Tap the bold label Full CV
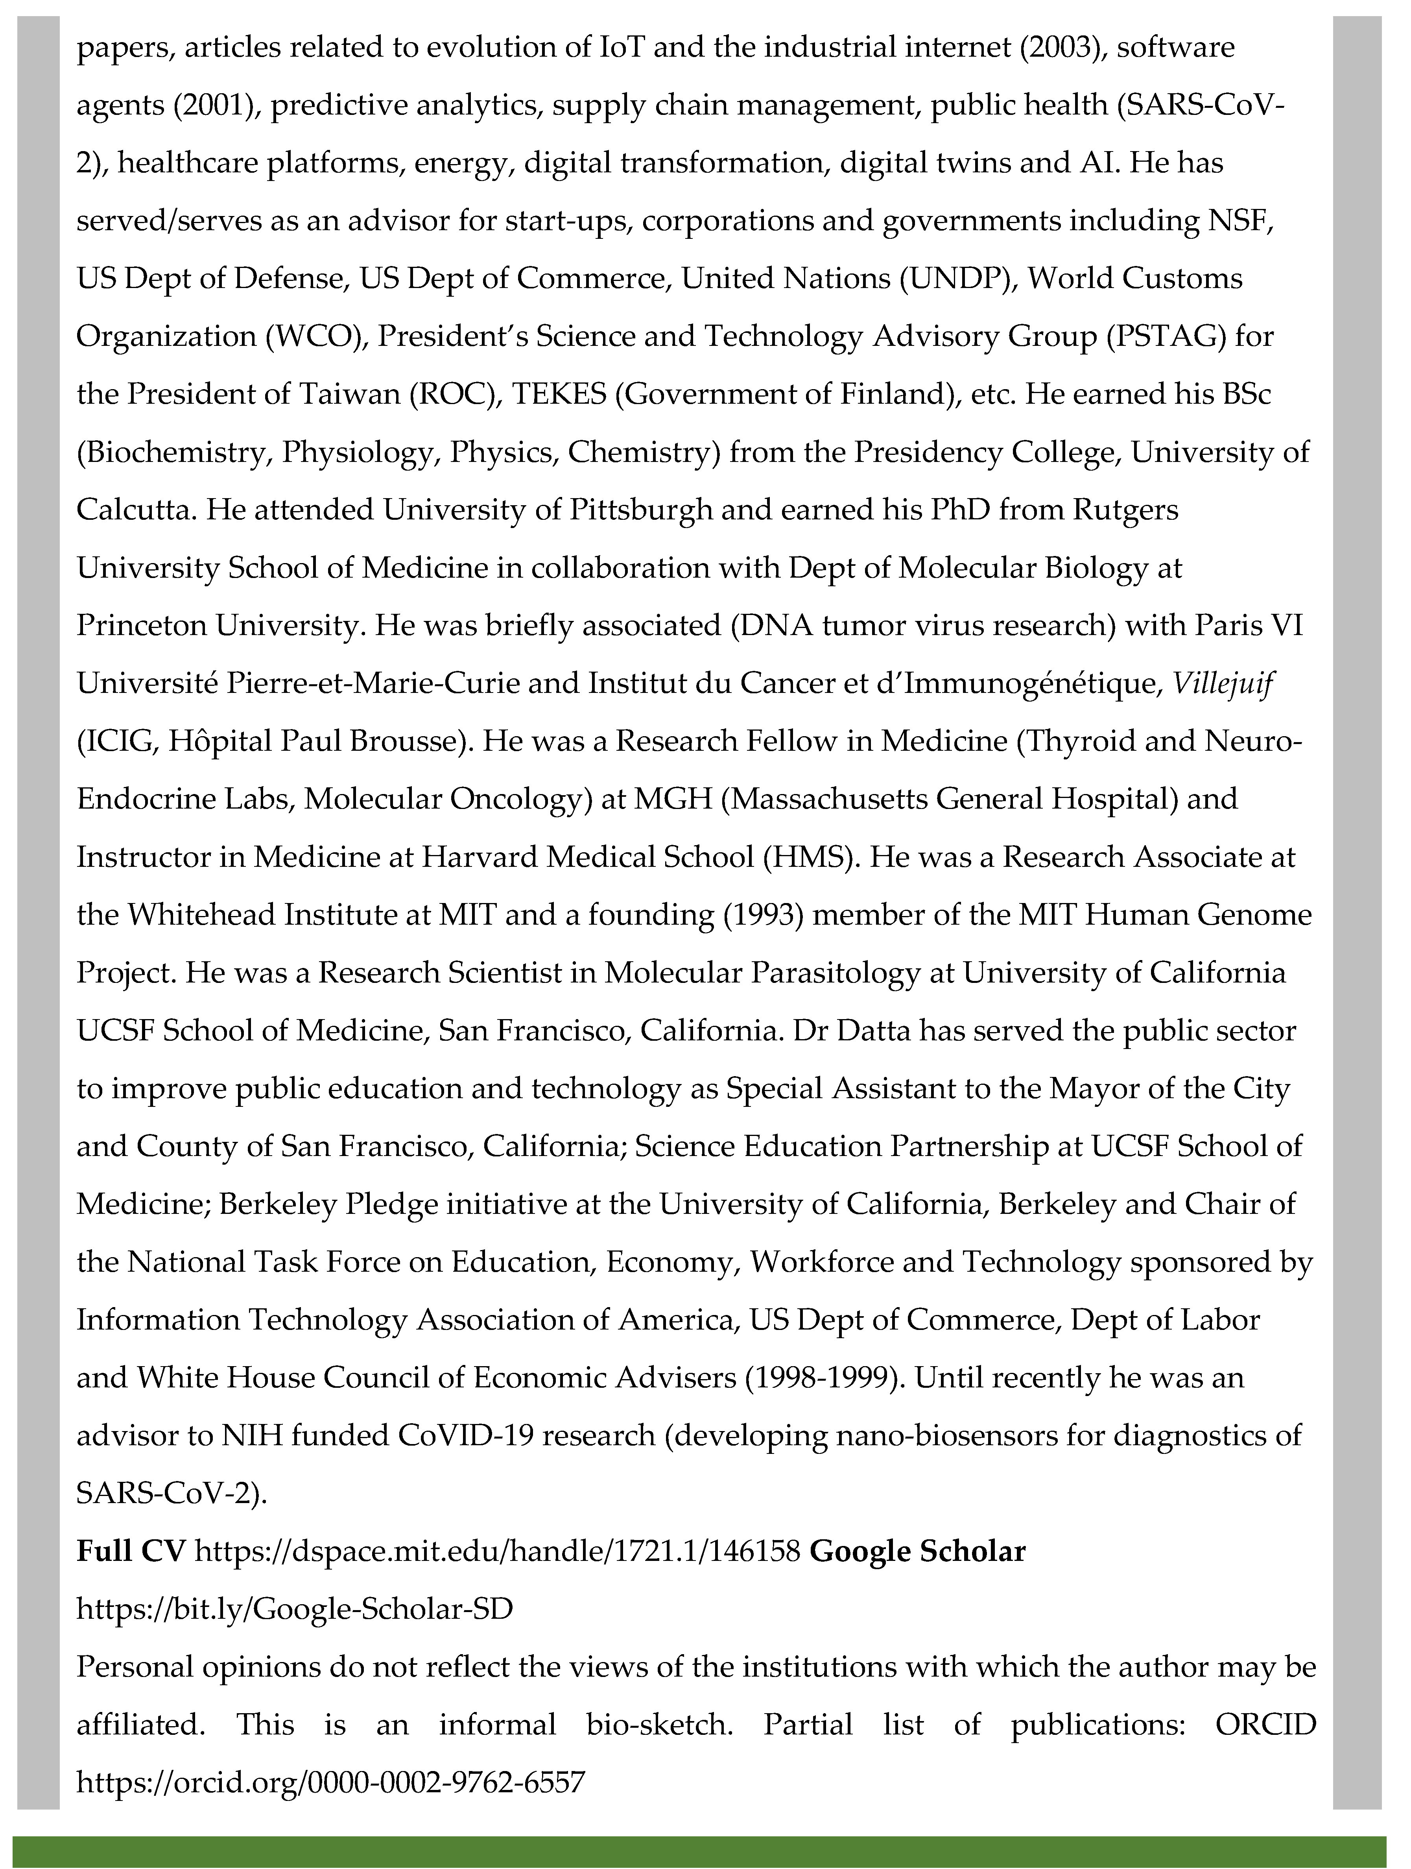pos(131,1551)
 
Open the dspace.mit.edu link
pos(497,1551)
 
